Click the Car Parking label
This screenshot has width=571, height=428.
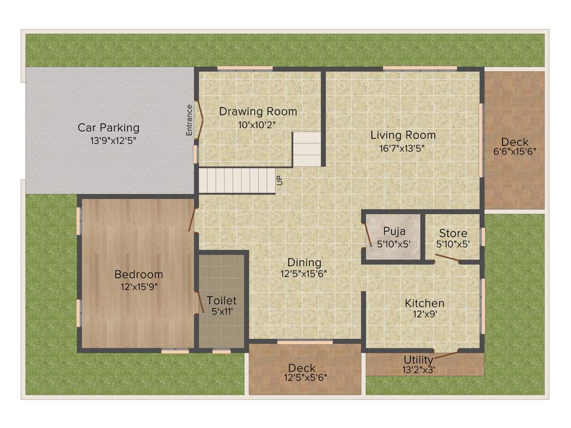coord(108,128)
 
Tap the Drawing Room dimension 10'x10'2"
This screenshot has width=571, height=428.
coord(258,124)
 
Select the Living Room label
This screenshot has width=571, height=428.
coord(403,135)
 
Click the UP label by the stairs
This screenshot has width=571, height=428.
coord(280,180)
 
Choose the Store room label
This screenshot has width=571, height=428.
coord(453,233)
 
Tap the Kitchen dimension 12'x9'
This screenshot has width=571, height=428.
coord(424,314)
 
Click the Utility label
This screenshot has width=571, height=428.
coord(418,359)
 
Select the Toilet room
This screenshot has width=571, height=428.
coord(222,301)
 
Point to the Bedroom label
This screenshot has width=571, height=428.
coord(138,274)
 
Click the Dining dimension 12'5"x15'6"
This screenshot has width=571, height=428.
coord(304,274)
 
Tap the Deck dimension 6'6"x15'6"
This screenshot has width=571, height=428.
coord(515,151)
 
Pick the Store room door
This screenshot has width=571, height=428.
coord(447,258)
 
